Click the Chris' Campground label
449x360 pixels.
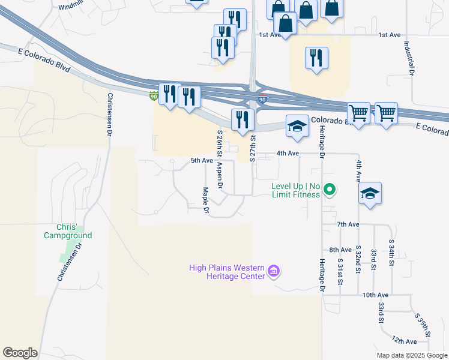pos(67,231)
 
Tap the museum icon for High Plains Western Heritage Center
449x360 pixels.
pos(274,271)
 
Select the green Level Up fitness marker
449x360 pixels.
pos(329,190)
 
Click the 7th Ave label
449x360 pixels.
pos(348,224)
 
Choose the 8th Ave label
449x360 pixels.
pos(340,250)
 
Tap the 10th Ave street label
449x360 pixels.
pos(373,295)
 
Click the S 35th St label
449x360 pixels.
pos(423,324)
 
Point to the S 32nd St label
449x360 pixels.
pos(358,259)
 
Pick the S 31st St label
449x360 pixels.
pos(340,272)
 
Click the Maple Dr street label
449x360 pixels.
pos(205,200)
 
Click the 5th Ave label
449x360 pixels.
pos(202,161)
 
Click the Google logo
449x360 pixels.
pos(20,353)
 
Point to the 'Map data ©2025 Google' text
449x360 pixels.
pos(412,355)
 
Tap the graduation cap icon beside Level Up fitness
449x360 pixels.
pos(370,193)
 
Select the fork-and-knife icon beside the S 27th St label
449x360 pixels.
pos(241,119)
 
